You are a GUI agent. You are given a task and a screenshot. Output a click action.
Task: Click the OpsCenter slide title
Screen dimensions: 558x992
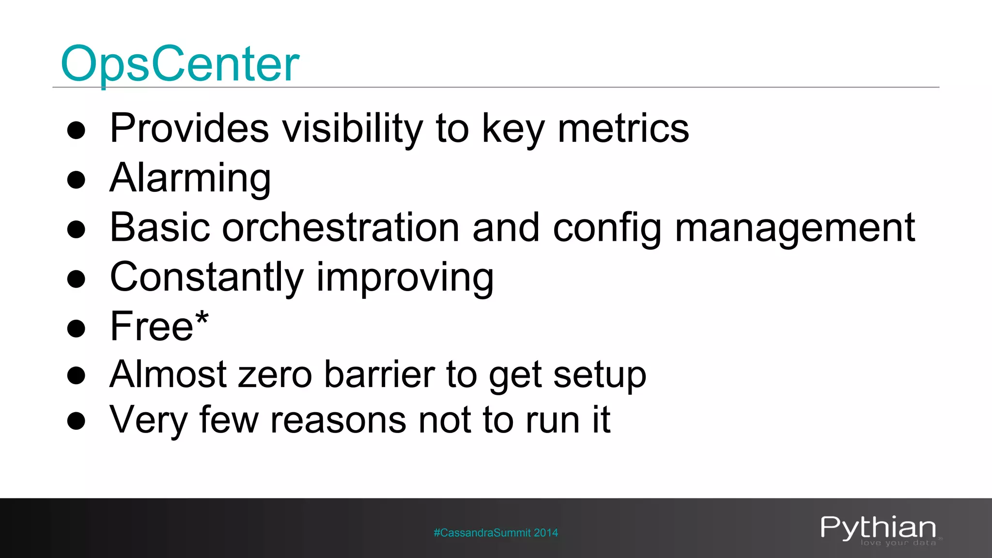click(x=180, y=64)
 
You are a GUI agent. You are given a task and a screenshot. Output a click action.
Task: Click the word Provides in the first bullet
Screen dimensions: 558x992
click(x=189, y=128)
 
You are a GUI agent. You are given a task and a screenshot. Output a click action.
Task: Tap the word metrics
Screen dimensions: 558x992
click(x=623, y=128)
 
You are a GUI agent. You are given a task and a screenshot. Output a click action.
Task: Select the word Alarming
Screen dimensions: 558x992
click(x=190, y=178)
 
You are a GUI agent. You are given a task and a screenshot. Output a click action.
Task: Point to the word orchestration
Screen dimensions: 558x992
click(x=340, y=228)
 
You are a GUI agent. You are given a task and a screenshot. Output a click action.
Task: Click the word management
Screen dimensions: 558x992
click(x=794, y=228)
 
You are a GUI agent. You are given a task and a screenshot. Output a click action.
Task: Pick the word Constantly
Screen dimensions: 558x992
click(x=206, y=278)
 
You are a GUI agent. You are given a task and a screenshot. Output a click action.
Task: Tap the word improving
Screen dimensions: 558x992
click(x=405, y=278)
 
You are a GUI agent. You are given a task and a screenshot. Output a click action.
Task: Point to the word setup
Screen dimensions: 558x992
click(x=600, y=375)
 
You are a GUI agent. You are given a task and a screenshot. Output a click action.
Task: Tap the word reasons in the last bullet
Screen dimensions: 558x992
click(x=338, y=420)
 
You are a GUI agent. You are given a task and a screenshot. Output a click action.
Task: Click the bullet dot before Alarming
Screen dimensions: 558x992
click(x=76, y=180)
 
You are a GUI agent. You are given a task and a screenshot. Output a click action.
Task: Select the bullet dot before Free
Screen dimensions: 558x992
click(x=76, y=328)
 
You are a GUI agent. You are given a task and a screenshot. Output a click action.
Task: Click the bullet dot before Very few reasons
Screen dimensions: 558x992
click(x=76, y=421)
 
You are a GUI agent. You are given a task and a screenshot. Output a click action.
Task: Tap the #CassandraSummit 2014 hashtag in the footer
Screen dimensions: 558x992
click(x=496, y=533)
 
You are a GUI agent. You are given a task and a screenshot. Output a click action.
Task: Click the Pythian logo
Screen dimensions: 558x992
click(x=878, y=527)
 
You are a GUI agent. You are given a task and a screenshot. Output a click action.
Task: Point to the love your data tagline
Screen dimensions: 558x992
click(x=898, y=543)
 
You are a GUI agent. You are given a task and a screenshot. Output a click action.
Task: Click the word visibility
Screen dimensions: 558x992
click(x=352, y=128)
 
